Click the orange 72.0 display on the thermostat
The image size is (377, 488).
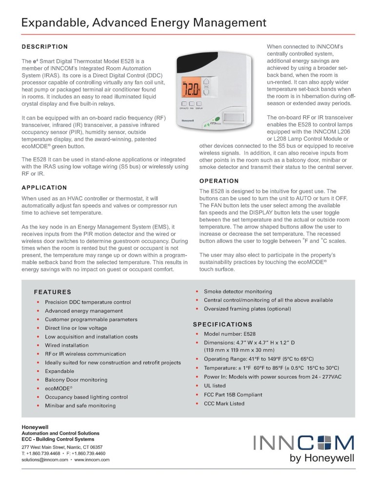coord(191,90)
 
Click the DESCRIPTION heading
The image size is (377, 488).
coord(44,47)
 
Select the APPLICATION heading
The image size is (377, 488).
coord(44,187)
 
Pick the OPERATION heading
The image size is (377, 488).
coord(219,181)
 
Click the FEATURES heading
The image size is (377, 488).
coord(52,292)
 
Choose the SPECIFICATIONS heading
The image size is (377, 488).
coord(222,324)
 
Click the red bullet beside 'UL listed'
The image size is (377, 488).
coord(197,386)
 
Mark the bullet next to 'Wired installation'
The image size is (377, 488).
coord(38,346)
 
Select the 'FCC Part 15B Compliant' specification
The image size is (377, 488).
coord(233,395)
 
